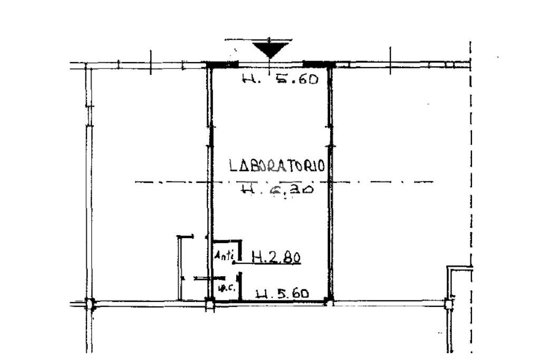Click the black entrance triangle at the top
click(271, 49)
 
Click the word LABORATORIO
click(276, 166)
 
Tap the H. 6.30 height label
click(277, 189)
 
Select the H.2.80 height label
click(276, 257)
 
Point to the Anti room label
click(224, 256)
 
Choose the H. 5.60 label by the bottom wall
click(282, 294)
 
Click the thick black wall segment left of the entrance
click(222, 65)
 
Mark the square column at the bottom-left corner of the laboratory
click(210, 304)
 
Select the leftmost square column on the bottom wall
click(90, 304)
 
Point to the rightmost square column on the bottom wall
click(449, 304)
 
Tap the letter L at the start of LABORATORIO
click(233, 166)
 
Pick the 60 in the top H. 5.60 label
click(305, 80)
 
